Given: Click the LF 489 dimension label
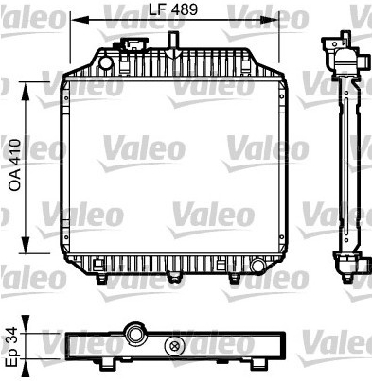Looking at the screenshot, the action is [173, 9].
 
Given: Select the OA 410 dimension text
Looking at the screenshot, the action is [15, 165].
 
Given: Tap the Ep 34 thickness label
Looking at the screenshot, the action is [13, 346].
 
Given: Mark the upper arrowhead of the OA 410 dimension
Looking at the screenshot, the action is [25, 91].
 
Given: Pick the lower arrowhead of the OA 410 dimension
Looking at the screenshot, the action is [25, 244].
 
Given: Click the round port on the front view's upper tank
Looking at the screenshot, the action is [105, 62].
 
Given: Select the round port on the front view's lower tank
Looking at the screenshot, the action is [257, 266].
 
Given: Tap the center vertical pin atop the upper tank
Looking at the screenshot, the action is [173, 44].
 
